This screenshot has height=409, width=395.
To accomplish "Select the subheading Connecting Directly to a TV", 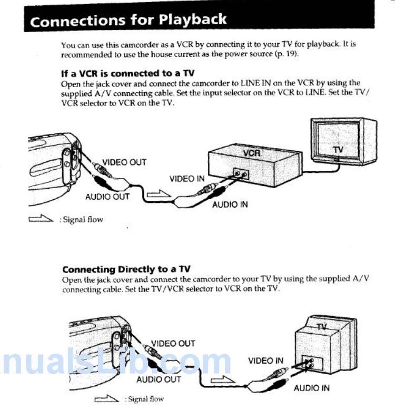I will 126,269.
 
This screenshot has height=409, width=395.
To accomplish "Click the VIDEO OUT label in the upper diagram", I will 124,162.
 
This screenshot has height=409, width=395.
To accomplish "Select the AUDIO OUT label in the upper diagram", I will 107,197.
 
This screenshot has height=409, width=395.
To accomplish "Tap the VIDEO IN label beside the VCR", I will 187,179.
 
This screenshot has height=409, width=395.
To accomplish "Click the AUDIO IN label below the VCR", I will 230,204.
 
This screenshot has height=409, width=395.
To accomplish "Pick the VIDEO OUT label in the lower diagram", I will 173,344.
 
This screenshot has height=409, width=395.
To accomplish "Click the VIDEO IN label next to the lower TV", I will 265,361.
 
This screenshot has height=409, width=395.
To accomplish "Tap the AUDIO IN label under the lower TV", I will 312,388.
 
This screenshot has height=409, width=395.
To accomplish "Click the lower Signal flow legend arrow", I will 107,399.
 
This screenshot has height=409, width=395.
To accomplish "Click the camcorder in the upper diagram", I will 53,163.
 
